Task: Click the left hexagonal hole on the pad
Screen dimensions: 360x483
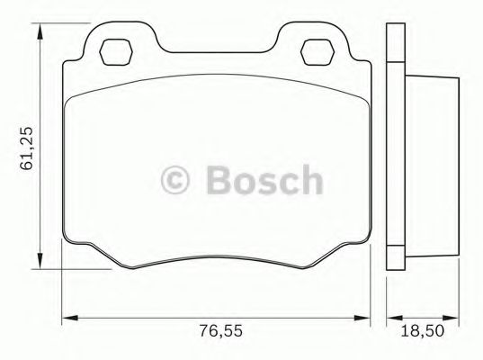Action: (114, 50)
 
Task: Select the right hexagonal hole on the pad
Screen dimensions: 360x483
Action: (316, 50)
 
